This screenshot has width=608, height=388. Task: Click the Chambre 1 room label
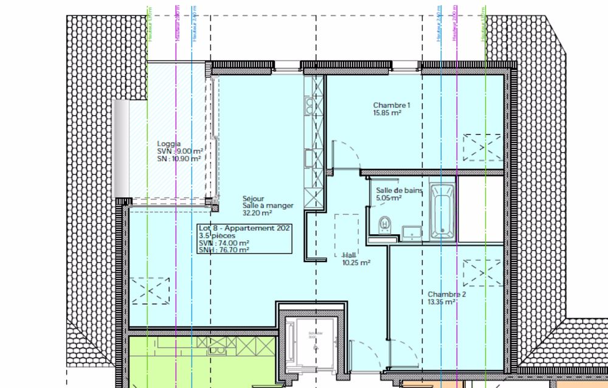pyautogui.click(x=391, y=105)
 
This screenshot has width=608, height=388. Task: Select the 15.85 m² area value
pyautogui.click(x=387, y=113)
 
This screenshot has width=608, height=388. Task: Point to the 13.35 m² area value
pyautogui.click(x=442, y=302)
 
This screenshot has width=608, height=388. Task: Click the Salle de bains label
pyautogui.click(x=398, y=190)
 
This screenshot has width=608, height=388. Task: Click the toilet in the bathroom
pyautogui.click(x=384, y=226)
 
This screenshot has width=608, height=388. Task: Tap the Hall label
pyautogui.click(x=348, y=255)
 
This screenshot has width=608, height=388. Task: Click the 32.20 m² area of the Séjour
pyautogui.click(x=257, y=213)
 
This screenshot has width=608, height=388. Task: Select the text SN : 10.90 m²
pyautogui.click(x=179, y=159)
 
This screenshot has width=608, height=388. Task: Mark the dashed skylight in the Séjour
pyautogui.click(x=150, y=290)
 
